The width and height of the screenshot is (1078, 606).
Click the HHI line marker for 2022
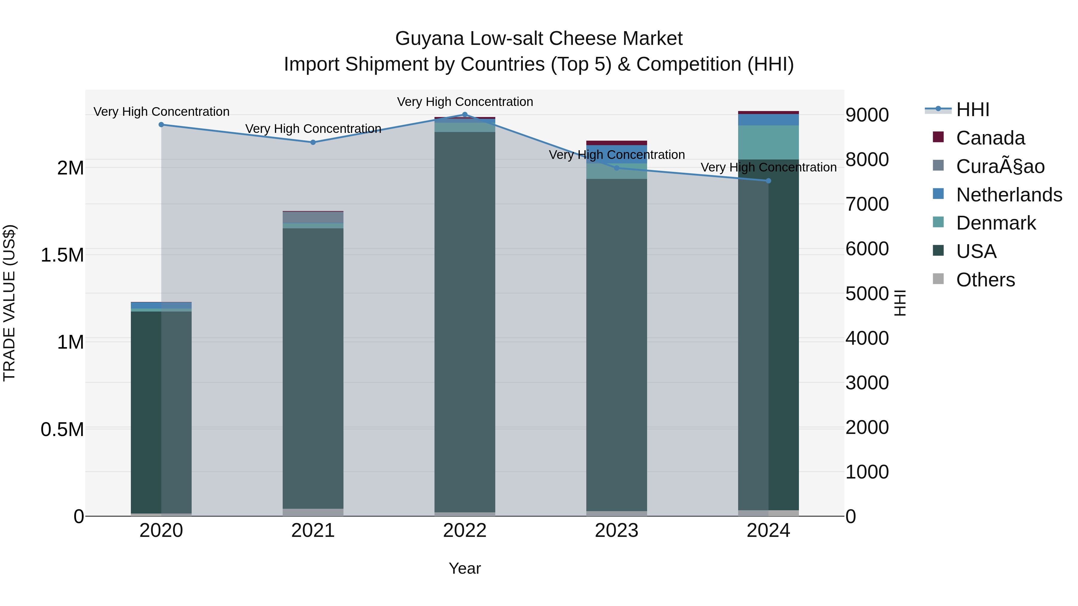(x=464, y=114)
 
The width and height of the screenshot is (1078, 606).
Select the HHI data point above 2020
(x=161, y=124)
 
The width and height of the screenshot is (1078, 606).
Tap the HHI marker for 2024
(x=768, y=181)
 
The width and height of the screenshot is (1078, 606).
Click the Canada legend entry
(x=990, y=138)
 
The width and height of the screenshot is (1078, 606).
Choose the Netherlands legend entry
(x=1009, y=195)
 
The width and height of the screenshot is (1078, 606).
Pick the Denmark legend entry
(x=996, y=223)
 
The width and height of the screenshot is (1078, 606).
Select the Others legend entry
(x=985, y=280)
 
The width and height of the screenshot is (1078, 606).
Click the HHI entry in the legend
(x=973, y=110)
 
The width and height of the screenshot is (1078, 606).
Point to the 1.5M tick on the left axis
(x=62, y=255)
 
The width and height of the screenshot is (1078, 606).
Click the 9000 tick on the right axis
(x=867, y=115)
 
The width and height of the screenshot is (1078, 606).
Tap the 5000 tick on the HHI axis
(x=867, y=294)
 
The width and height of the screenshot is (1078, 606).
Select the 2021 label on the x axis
(x=313, y=531)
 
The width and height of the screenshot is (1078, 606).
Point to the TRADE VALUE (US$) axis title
(x=9, y=303)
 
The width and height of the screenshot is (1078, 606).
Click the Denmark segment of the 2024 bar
(x=768, y=142)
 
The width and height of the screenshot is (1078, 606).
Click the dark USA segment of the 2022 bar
(x=464, y=322)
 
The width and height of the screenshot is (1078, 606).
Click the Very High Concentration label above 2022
(x=464, y=102)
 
